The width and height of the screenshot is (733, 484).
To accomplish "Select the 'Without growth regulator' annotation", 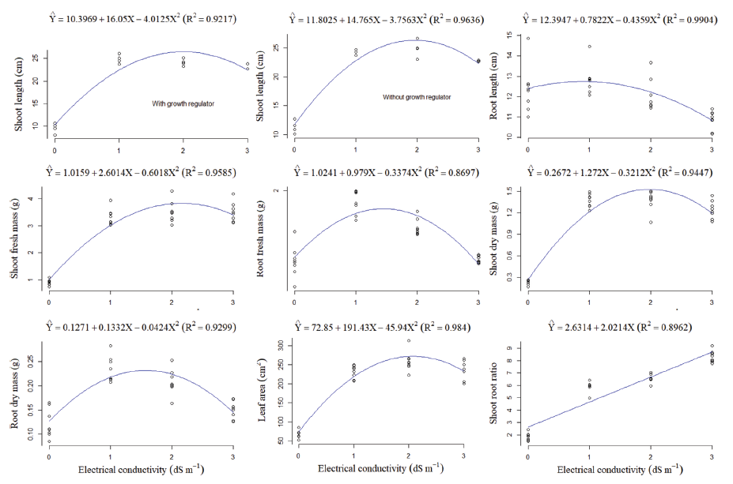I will tap(417, 97).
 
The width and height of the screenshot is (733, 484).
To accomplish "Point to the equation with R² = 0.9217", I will tap(131, 18).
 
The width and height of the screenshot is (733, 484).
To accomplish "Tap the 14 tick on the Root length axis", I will tap(518, 55).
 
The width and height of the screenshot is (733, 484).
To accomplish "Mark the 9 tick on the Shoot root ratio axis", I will tap(518, 346).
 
